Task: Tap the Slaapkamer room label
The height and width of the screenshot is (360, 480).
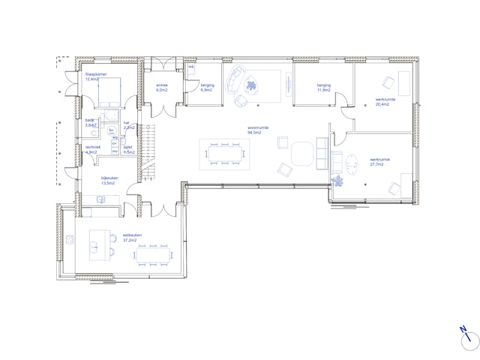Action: coord(96,76)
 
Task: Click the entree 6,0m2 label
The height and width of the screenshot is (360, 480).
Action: coord(162,88)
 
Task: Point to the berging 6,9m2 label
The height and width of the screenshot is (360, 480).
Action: coord(208,88)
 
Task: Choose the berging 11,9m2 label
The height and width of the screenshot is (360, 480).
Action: coord(324,88)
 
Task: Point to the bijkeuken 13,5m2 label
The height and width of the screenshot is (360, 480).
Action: coord(110,181)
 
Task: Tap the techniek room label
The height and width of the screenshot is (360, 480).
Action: coord(92,149)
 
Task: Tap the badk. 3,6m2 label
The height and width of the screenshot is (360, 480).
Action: coord(90,122)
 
